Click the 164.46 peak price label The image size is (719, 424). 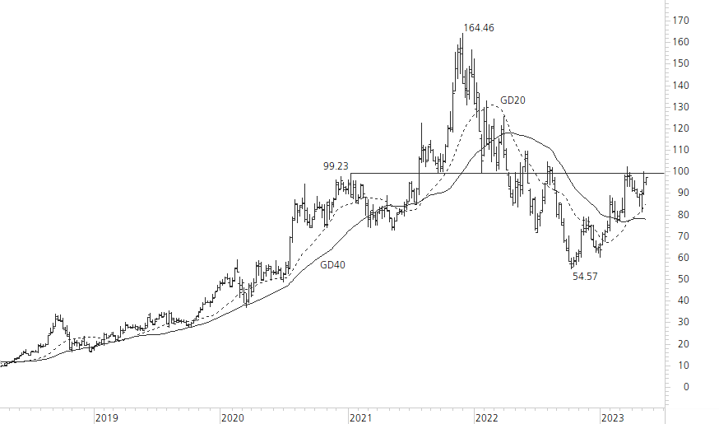[x=478, y=28]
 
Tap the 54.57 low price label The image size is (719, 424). [x=585, y=277]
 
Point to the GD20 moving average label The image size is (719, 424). [x=513, y=100]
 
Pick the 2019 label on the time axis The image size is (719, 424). [x=106, y=418]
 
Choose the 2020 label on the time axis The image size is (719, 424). [x=233, y=418]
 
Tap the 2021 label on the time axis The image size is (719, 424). [x=359, y=418]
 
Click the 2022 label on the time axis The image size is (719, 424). [x=486, y=418]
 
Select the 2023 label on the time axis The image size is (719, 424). [x=613, y=418]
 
